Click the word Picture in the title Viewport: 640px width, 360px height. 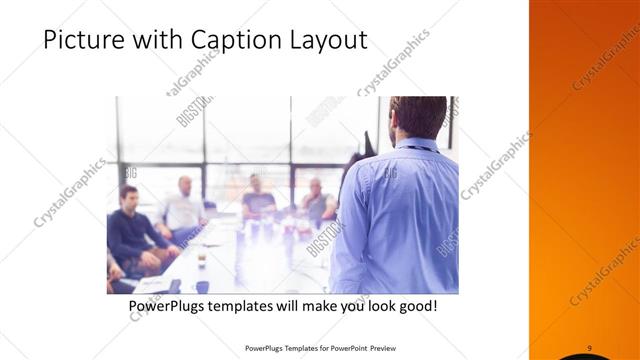(81, 41)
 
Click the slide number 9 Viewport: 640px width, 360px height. (590, 347)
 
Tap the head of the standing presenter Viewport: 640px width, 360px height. (417, 118)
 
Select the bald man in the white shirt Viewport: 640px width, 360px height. (183, 207)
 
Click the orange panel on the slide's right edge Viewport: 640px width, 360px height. (584, 180)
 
